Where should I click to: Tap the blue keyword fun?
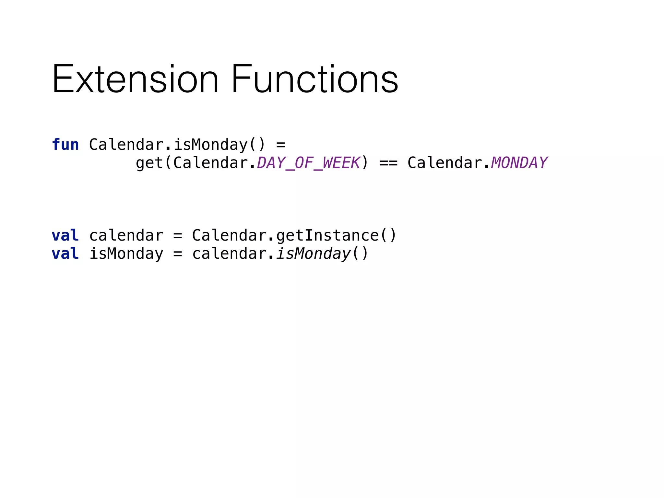click(x=65, y=145)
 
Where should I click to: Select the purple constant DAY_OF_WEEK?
click(x=308, y=163)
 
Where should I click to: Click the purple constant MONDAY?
click(x=519, y=163)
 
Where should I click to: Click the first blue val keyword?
click(x=65, y=235)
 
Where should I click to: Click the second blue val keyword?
click(x=65, y=254)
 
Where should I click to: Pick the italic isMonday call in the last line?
click(x=313, y=254)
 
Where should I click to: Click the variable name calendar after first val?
click(x=126, y=235)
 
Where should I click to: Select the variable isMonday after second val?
click(x=126, y=254)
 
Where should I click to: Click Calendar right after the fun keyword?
click(x=126, y=145)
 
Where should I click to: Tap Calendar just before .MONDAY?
click(x=445, y=163)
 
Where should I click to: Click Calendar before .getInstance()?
click(x=229, y=235)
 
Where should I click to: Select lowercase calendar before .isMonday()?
click(x=229, y=254)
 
